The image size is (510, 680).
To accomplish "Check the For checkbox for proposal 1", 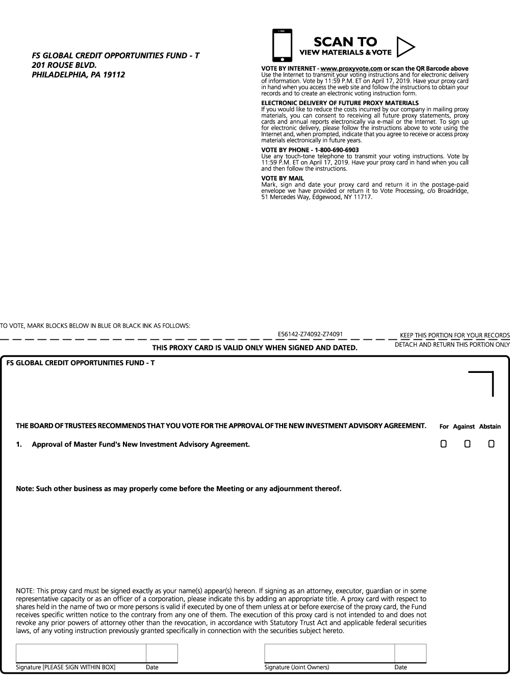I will point(444,444).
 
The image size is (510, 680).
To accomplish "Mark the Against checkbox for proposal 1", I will point(467,444).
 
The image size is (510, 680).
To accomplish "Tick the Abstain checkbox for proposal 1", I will point(491,444).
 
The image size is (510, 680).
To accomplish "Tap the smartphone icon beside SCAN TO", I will point(283,45).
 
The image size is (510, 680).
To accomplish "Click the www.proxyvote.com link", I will point(351,68).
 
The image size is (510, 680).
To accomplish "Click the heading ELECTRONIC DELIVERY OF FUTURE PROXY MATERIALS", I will point(340,103).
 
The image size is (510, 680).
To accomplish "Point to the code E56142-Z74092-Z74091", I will point(310,334).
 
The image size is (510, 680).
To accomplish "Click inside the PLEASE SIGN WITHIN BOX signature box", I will point(81,653).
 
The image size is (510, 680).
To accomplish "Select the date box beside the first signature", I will point(162,653).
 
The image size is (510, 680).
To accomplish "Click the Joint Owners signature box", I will point(329,653).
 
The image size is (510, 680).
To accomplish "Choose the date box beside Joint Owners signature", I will point(410,653).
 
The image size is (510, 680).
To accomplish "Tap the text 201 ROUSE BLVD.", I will point(64,65).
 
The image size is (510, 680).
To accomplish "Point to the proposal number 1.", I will point(19,444).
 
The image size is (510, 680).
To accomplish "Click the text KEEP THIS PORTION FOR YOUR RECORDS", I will point(454,335).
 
